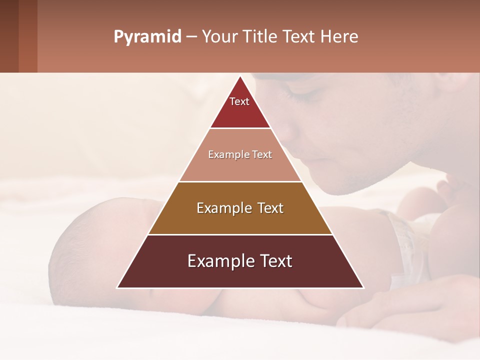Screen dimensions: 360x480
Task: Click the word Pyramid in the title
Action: tap(147, 37)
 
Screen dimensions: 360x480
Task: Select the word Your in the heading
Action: tap(218, 37)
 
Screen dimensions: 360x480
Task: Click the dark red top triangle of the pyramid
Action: tap(240, 107)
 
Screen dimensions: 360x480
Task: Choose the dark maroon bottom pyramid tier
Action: tap(240, 270)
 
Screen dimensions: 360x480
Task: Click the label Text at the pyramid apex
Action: tap(239, 101)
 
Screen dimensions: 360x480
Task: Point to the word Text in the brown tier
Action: tap(269, 208)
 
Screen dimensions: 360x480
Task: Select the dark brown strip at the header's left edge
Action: tap(9, 36)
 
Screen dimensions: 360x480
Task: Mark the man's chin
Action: tap(345, 187)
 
